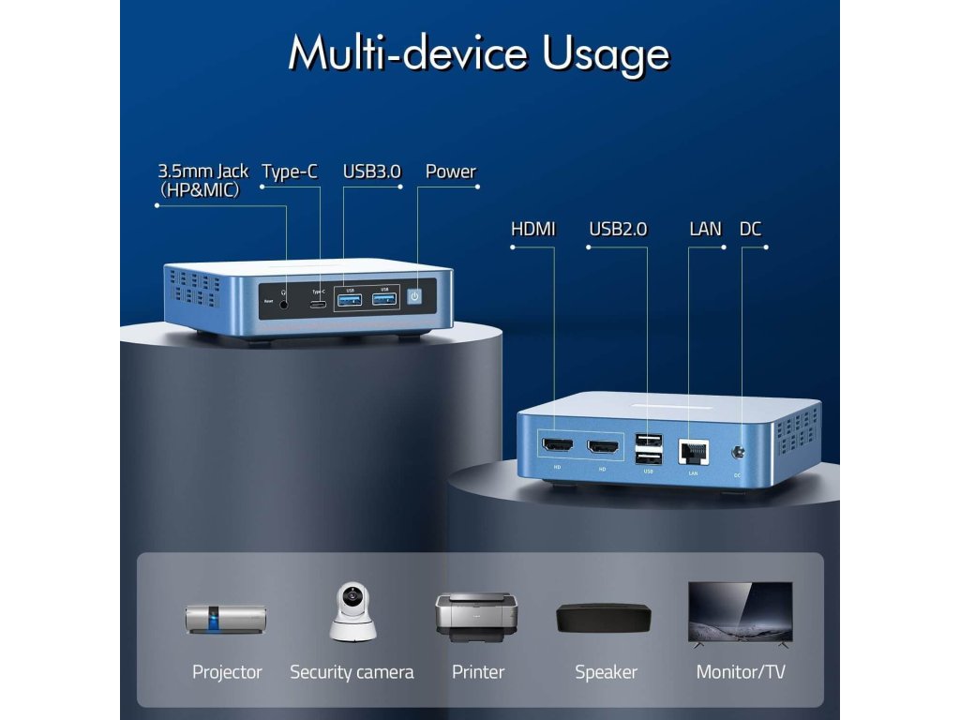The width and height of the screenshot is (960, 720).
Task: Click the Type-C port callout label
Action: pos(289,172)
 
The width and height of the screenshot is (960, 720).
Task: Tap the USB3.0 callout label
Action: pos(371,172)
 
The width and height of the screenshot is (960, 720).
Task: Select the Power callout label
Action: pos(450,172)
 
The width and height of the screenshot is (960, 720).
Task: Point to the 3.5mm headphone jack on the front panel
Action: pos(284,299)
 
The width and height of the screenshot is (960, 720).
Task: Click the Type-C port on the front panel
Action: pos(320,303)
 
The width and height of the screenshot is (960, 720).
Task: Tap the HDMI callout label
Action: pos(532,229)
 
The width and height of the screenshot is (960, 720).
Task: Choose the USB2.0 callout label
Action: pos(618,229)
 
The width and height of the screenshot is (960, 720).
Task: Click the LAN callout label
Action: pos(705,229)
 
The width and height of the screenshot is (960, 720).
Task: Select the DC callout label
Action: pos(750,229)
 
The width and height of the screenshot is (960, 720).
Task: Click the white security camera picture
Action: pos(352,612)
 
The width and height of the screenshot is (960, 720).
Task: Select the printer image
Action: pos(476,616)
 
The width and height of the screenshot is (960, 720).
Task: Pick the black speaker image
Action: pos(603,617)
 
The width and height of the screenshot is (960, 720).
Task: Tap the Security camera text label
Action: pos(352,672)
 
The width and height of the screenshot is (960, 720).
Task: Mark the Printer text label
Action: pos(477,672)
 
